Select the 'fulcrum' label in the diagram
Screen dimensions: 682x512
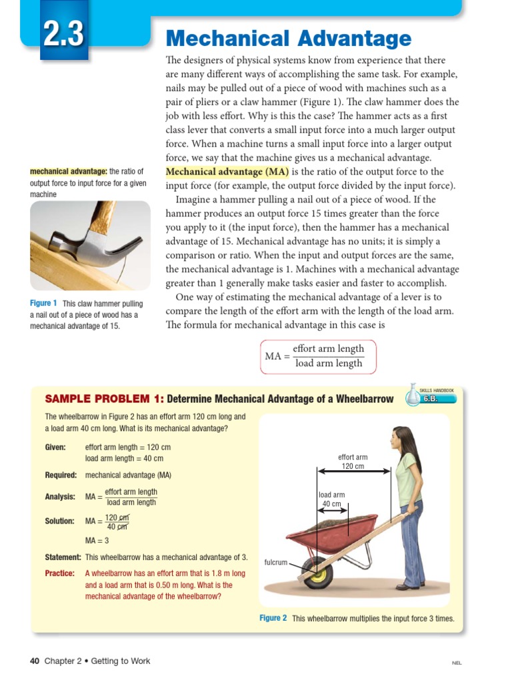coord(275,563)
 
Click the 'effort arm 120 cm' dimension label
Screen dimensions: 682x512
coord(353,462)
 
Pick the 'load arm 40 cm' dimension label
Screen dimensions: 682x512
coord(331,500)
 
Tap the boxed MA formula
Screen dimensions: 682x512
coord(317,356)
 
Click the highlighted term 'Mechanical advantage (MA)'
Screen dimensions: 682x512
coord(227,172)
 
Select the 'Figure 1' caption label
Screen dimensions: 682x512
coord(43,304)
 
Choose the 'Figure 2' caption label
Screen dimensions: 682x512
coord(273,618)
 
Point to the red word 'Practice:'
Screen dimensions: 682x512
coord(59,573)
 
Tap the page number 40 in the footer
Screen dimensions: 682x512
coord(35,661)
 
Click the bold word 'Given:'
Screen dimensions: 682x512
coord(55,448)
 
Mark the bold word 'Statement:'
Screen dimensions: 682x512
coord(63,557)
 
